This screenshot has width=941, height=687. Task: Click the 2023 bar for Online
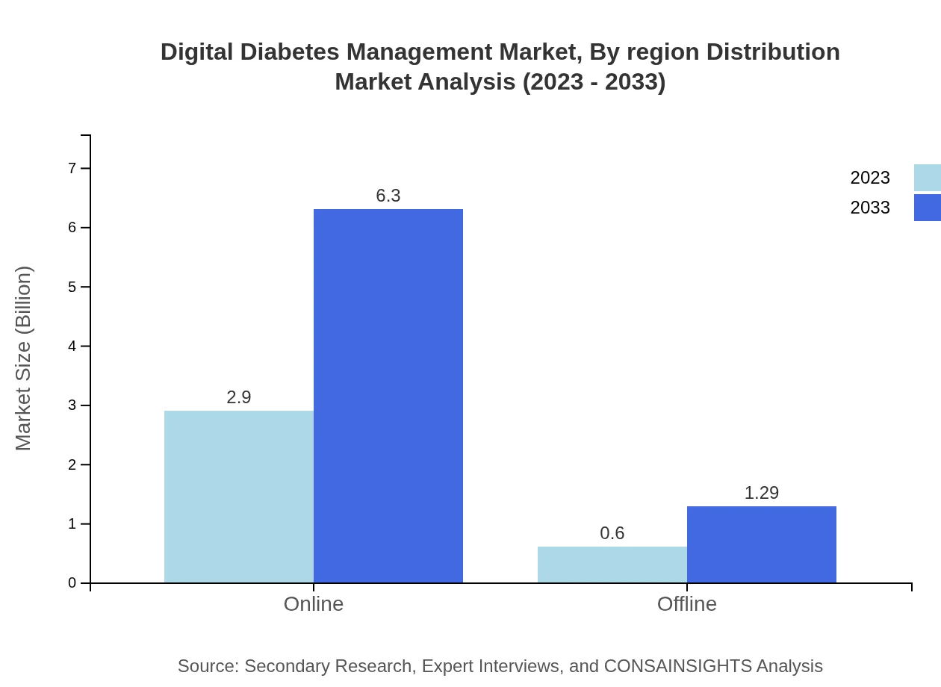(239, 497)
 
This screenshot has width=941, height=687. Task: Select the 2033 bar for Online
(388, 396)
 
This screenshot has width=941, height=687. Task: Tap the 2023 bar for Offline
(612, 565)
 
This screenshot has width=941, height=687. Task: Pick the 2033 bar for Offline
(762, 544)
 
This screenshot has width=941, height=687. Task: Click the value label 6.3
(388, 196)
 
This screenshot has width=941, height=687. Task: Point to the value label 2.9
(239, 397)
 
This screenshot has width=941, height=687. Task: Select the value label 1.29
(762, 493)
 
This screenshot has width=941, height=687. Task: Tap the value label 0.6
(612, 533)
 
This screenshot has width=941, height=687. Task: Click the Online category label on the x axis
(314, 603)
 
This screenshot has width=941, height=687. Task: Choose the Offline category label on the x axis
(687, 603)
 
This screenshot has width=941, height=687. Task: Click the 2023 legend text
(870, 178)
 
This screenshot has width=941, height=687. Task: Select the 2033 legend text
(870, 208)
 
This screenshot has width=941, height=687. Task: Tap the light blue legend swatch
(927, 178)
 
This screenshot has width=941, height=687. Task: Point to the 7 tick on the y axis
(72, 168)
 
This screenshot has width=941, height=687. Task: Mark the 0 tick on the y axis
(72, 583)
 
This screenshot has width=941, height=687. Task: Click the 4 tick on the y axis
(72, 346)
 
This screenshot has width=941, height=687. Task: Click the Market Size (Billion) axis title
(24, 358)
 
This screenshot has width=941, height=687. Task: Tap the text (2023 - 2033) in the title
(594, 81)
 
